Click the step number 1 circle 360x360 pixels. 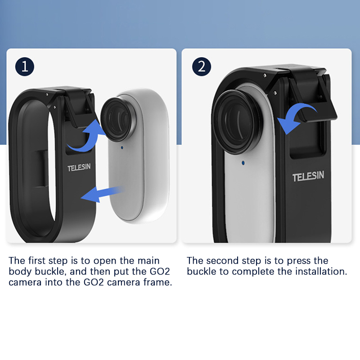pos(25,67)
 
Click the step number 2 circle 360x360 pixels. pos(202,67)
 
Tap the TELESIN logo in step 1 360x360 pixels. pos(79,167)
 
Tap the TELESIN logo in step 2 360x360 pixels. pos(308,176)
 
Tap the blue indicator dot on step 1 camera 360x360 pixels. pos(122,148)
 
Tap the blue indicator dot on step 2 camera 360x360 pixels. pos(243,163)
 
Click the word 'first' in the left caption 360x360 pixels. pos(37,261)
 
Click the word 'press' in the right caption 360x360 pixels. pos(298,261)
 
